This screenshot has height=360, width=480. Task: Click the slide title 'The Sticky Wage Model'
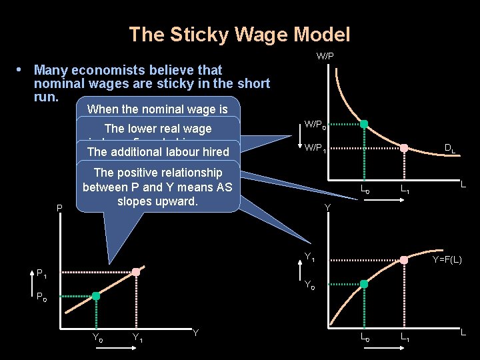239,34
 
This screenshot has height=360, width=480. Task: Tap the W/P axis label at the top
325,56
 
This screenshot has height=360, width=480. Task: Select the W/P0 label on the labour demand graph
315,125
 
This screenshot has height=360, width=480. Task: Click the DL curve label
451,150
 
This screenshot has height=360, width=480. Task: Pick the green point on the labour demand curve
364,124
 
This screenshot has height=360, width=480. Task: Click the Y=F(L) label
451,259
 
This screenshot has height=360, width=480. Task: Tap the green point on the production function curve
364,284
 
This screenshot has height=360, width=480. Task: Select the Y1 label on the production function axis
310,258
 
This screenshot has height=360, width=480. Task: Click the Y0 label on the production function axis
310,285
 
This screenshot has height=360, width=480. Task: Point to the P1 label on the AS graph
41,273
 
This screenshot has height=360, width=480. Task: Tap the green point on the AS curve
96,296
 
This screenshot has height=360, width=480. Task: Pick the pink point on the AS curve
136,272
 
